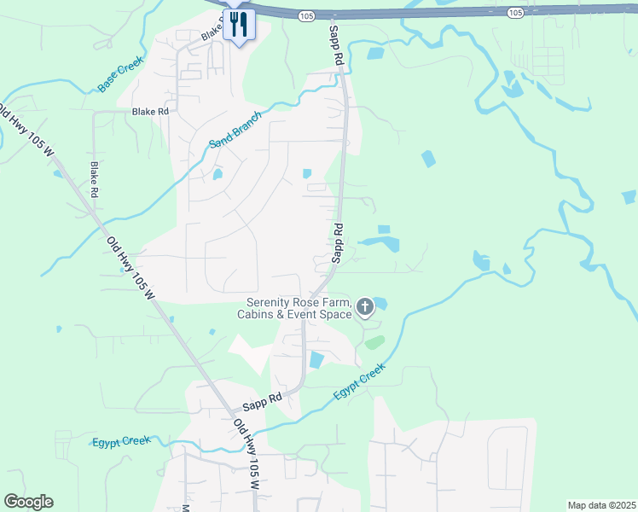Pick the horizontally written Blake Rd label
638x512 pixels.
[x=150, y=112]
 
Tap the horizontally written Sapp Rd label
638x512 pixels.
[x=264, y=399]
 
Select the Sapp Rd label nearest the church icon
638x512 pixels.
[x=338, y=242]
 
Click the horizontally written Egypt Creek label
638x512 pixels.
[x=121, y=441]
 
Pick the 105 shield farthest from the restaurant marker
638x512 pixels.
[x=514, y=12]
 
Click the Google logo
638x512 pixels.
[x=28, y=502]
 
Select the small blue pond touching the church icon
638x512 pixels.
[x=380, y=302]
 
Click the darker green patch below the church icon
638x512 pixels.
[x=374, y=342]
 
